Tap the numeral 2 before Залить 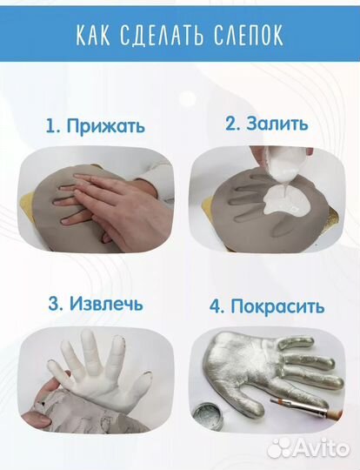[231, 123]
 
